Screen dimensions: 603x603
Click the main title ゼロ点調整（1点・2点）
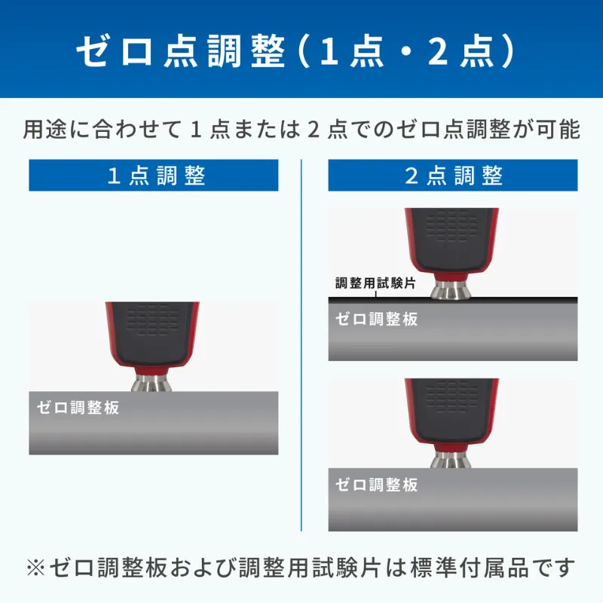point(295,51)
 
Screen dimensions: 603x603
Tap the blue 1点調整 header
point(154,176)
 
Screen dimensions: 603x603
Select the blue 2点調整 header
point(453,176)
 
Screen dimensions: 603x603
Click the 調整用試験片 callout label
point(375,283)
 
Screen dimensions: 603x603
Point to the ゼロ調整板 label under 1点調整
point(78,408)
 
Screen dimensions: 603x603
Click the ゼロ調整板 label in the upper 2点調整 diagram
point(376,319)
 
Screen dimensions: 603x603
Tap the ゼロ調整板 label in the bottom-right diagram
point(376,485)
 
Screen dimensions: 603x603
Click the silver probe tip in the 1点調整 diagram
point(152,383)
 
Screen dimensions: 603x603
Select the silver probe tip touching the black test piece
point(451,289)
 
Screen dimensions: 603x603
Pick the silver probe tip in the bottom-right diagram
point(451,460)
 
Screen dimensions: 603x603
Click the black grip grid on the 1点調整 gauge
point(152,320)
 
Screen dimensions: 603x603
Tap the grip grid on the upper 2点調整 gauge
point(451,226)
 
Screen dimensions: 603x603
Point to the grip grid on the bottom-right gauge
point(451,396)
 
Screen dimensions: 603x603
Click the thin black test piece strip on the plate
point(453,298)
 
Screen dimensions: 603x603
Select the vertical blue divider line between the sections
point(301,345)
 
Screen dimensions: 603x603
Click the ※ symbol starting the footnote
point(35,568)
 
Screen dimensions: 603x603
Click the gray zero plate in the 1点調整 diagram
point(154,423)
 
